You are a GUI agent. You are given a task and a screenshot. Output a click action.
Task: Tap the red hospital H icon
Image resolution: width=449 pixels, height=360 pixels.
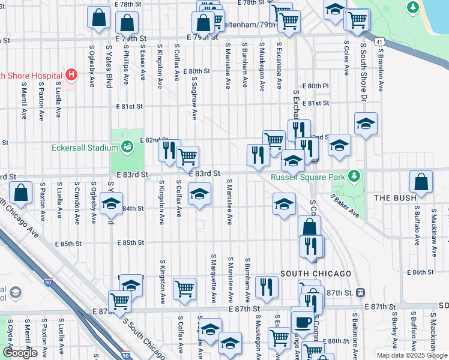click(71, 75)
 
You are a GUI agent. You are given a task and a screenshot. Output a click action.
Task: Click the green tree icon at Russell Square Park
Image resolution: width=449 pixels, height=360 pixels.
click(354, 176)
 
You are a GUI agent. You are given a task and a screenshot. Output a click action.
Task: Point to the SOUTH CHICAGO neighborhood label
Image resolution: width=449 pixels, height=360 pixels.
click(315, 274)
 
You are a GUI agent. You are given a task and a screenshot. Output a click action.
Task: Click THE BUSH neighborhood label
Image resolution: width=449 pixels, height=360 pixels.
click(394, 197)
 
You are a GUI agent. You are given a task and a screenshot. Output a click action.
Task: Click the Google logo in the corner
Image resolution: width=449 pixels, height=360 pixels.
click(20, 353)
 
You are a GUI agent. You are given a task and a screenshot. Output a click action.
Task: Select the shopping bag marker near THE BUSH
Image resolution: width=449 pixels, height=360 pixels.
click(421, 182)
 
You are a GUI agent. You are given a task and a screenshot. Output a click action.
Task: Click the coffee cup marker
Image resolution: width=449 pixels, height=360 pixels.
click(302, 320)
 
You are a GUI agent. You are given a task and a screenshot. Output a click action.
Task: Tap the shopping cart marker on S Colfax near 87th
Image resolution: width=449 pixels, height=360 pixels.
click(184, 288)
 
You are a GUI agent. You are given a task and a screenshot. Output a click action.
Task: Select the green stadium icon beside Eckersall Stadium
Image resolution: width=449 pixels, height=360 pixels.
click(127, 145)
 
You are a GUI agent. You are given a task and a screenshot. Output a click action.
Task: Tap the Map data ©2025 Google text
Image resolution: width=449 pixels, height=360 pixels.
click(411, 355)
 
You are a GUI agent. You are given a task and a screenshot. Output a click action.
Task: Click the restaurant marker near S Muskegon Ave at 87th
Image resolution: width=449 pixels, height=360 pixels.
click(266, 287)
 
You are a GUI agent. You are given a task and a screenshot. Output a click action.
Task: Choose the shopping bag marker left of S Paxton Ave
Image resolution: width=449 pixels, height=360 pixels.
click(20, 193)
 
